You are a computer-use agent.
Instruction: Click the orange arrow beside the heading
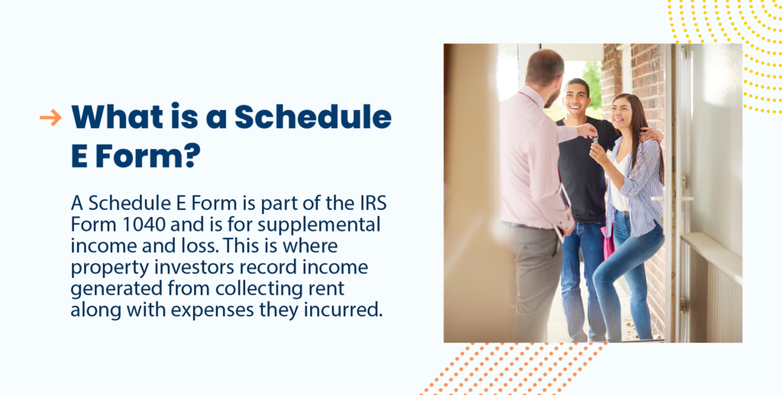50,117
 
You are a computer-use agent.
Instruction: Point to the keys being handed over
593,140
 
